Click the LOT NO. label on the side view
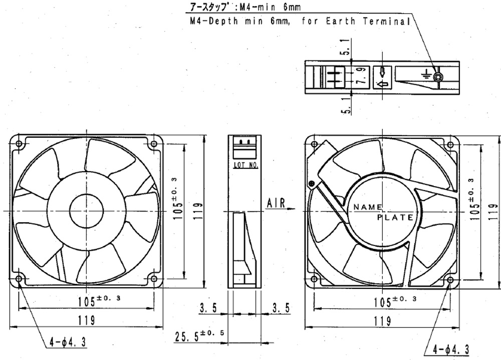coord(245,165)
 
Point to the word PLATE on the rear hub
coord(396,218)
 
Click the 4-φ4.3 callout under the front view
coord(68,342)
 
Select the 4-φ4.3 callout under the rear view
coord(451,350)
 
